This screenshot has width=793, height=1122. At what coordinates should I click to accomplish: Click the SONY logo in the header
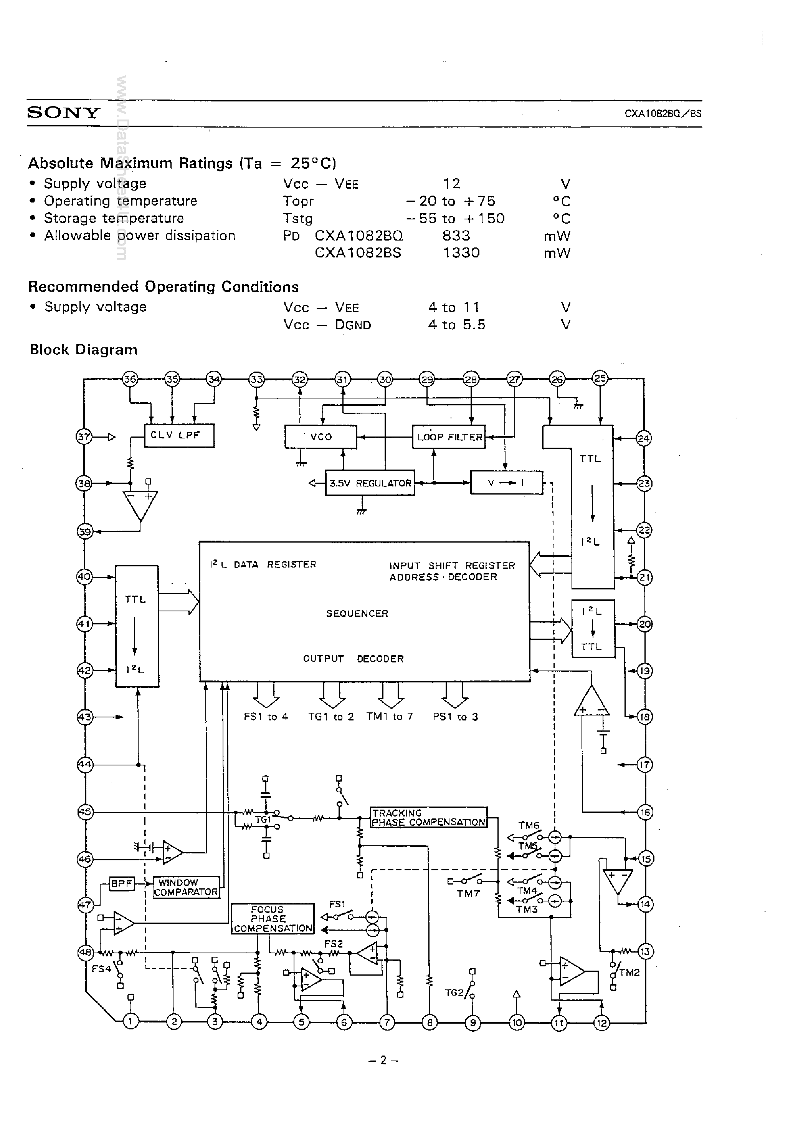pos(63,113)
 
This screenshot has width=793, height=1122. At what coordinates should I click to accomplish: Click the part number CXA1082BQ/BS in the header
pos(662,113)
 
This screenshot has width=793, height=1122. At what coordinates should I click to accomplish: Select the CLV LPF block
pos(179,435)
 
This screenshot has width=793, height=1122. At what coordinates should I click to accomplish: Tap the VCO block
pos(321,437)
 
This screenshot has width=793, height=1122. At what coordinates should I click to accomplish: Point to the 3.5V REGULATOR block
pos(370,483)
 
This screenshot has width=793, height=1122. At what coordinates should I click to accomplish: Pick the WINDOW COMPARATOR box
pos(187,887)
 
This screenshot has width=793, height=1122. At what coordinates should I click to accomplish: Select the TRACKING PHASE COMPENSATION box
pos(428,817)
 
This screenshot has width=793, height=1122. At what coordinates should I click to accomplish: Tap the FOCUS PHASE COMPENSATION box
pos(272,919)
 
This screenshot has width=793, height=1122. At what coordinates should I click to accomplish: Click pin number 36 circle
pos(130,379)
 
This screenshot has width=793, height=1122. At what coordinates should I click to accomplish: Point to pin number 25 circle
pos(600,378)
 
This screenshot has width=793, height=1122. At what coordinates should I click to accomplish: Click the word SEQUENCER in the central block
pos(357,613)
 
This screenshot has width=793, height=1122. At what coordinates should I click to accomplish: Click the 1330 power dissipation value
pos(461,253)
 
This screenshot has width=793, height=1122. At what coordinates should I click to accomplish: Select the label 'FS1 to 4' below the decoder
pos(266,717)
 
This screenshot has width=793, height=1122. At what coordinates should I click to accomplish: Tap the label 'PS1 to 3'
pos(455,717)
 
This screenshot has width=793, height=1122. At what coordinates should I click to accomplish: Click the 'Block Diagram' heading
pos(84,350)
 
